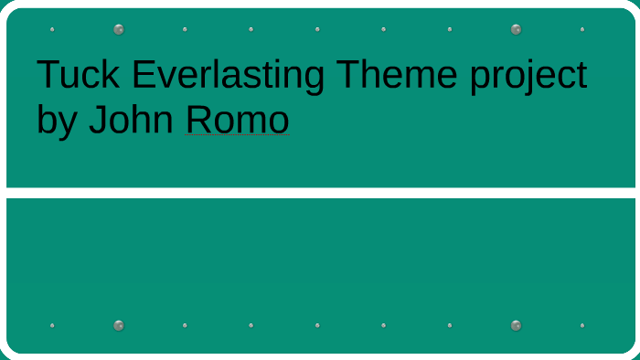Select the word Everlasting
[229, 75]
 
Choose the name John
[132, 120]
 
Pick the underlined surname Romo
[238, 120]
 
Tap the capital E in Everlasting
[143, 75]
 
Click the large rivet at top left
[119, 29]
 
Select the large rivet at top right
[516, 29]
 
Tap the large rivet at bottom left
[119, 325]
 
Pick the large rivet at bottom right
[516, 325]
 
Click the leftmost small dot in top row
[52, 29]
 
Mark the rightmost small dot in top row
[582, 29]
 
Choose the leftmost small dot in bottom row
[52, 325]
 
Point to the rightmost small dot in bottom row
[582, 325]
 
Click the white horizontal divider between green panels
[320, 193]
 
